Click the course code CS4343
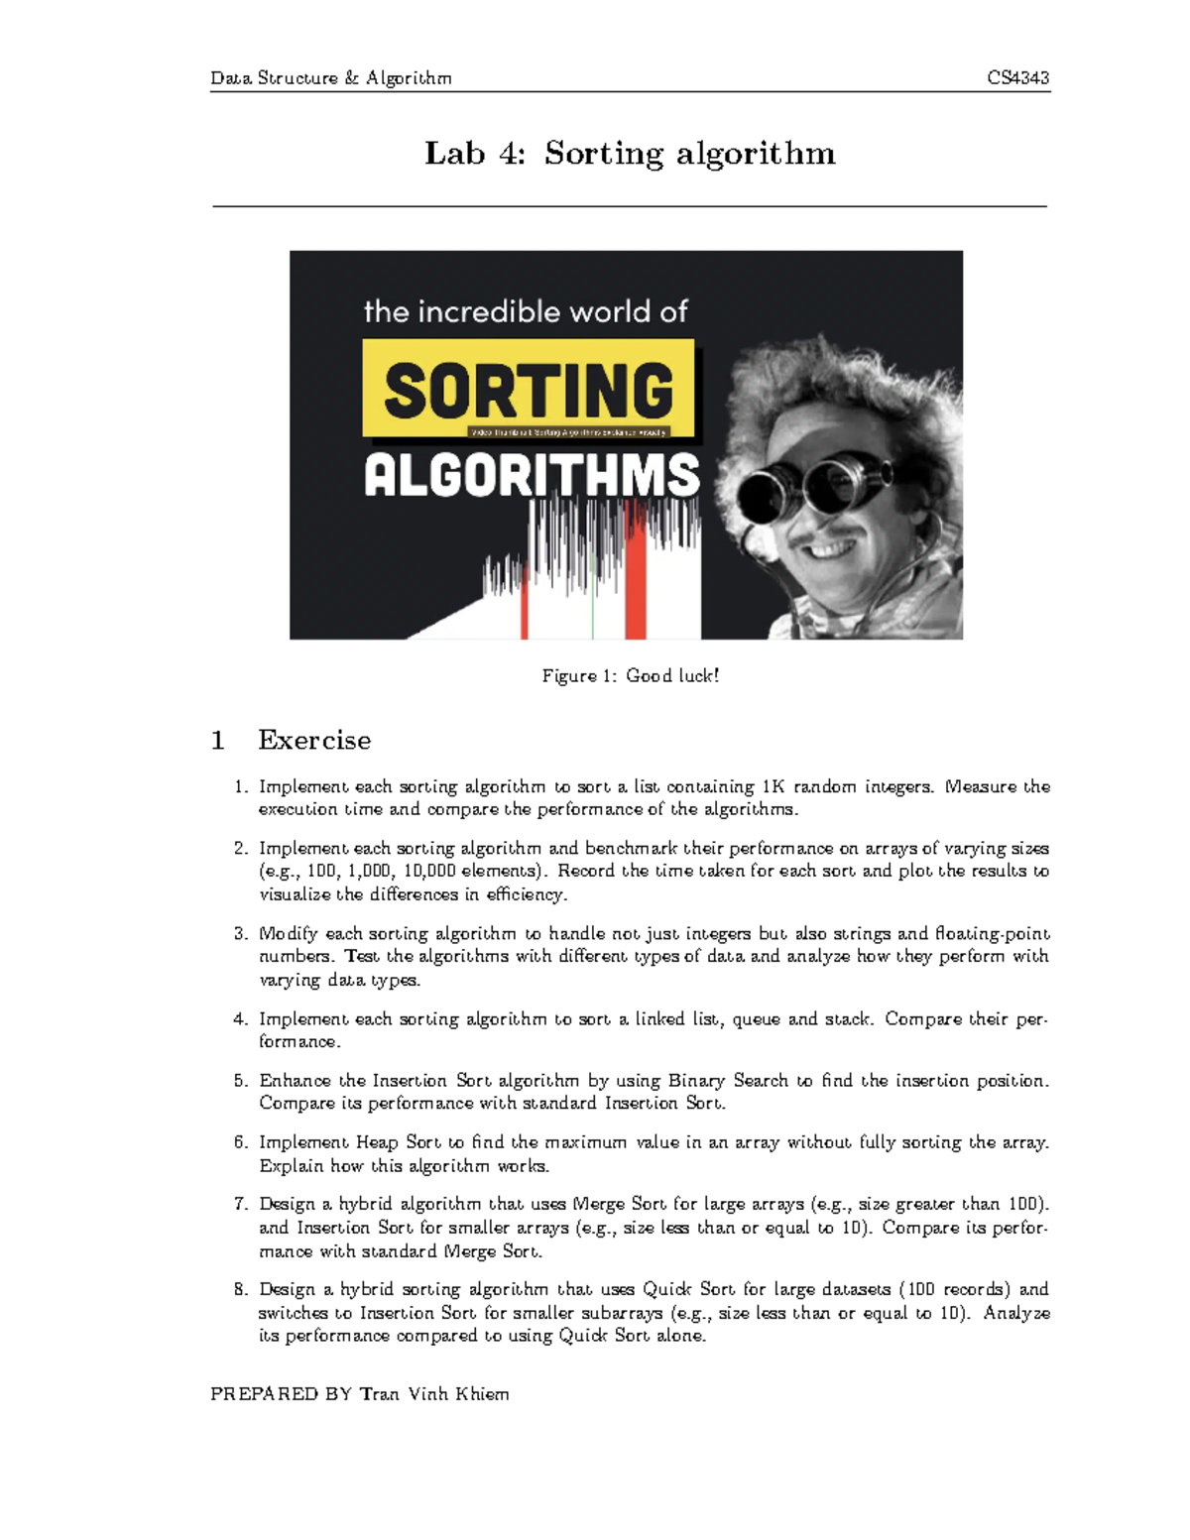click(x=1017, y=78)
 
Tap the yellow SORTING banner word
click(x=529, y=389)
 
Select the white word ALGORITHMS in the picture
click(x=532, y=476)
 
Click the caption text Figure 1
click(x=570, y=676)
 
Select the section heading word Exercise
click(x=314, y=741)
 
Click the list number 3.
click(x=240, y=933)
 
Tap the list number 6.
click(x=240, y=1142)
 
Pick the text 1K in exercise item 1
click(x=773, y=787)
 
